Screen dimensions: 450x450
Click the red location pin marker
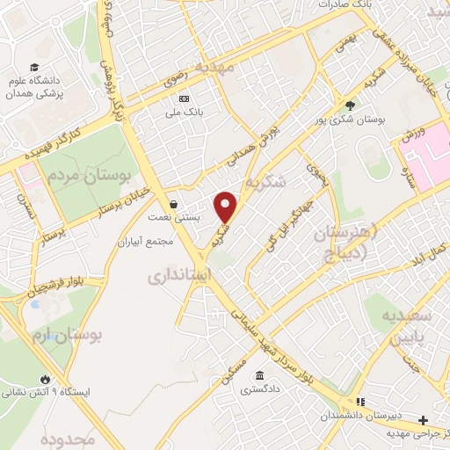[x=227, y=206]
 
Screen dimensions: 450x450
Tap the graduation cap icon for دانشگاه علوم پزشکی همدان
[x=34, y=67]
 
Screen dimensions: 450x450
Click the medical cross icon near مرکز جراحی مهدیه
[x=424, y=420]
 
